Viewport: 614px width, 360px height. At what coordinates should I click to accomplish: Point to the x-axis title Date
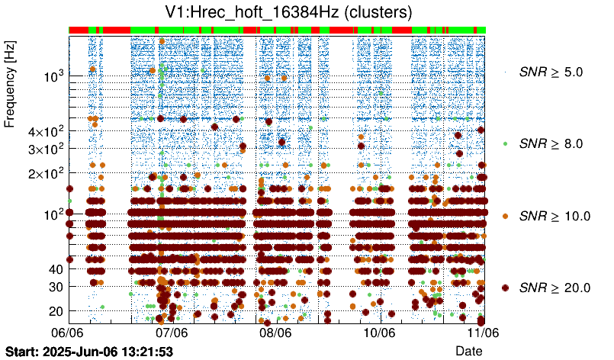tap(468, 350)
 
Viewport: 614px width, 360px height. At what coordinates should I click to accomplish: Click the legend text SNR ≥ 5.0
tap(551, 72)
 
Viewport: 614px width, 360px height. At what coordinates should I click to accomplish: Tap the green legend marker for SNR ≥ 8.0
tap(505, 143)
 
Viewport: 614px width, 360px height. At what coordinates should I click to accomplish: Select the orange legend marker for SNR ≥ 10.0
tap(505, 216)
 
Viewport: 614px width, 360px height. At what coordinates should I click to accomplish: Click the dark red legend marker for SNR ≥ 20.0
tap(505, 288)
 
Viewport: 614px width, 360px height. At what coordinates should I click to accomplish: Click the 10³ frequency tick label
tap(53, 76)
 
